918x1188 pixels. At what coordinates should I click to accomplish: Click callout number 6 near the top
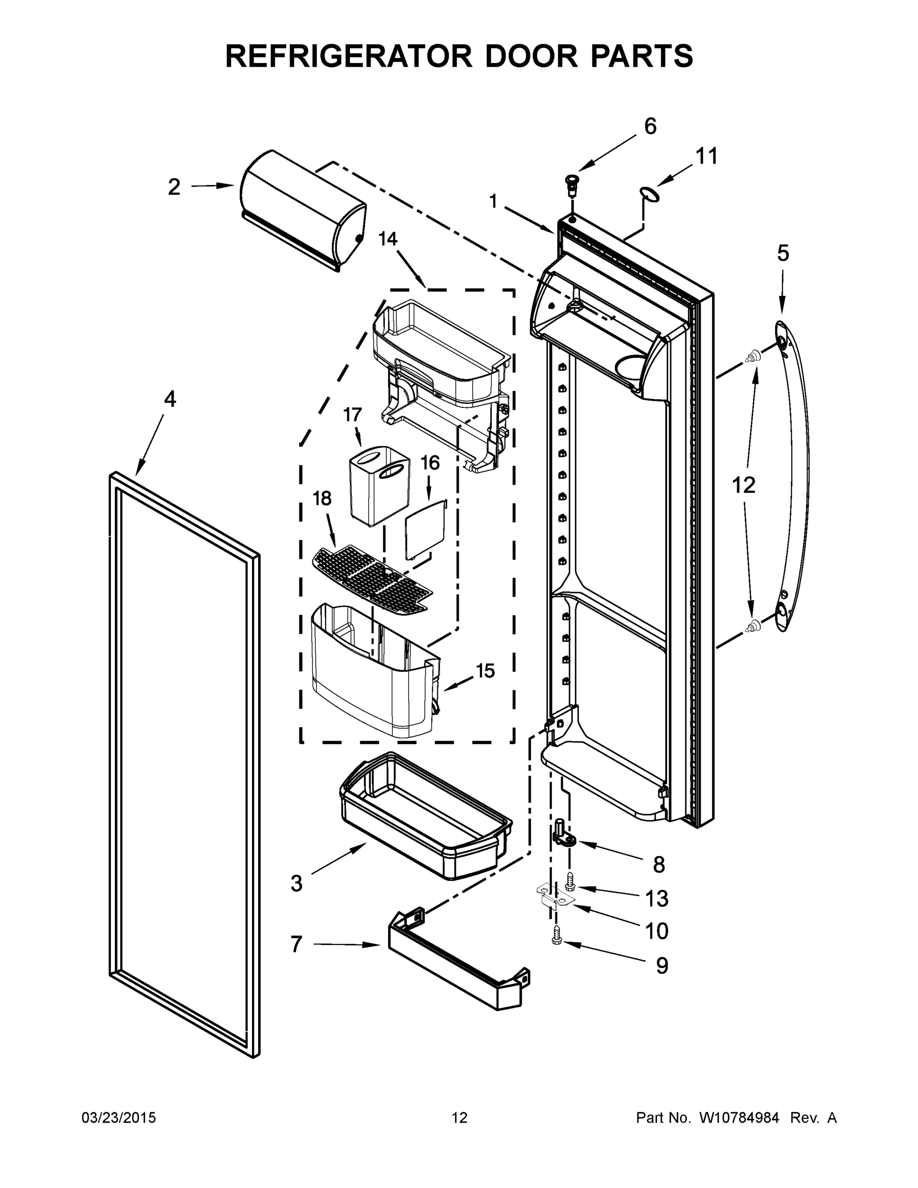point(650,126)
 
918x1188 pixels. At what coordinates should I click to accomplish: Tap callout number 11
point(707,156)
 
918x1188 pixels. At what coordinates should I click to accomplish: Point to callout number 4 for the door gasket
point(170,400)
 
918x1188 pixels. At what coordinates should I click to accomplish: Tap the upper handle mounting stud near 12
point(752,357)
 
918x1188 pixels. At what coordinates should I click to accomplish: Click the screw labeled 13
point(570,880)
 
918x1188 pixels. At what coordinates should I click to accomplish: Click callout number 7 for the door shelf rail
point(296,944)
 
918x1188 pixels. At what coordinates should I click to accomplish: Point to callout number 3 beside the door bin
point(296,884)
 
